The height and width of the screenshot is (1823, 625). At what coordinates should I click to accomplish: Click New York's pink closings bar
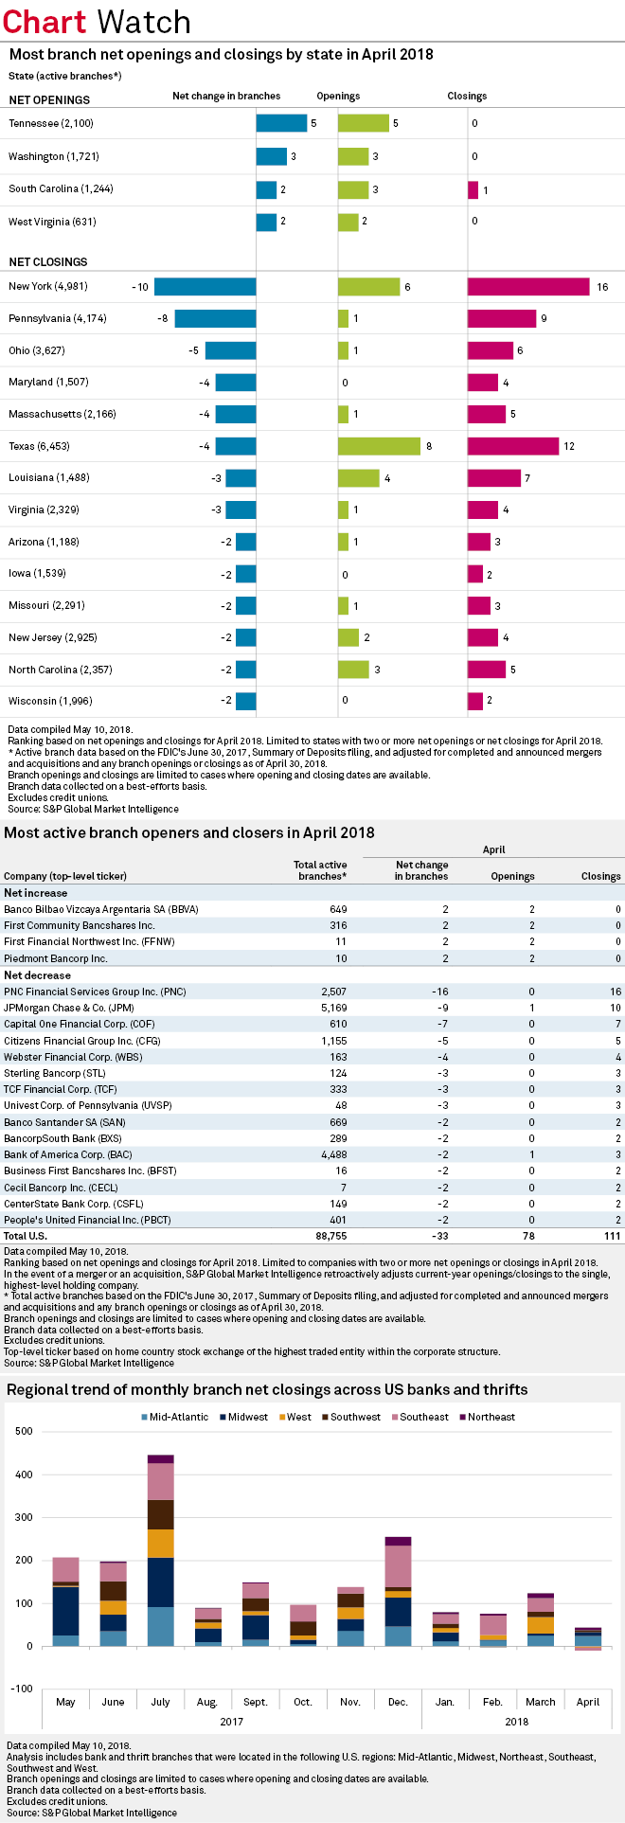coord(528,287)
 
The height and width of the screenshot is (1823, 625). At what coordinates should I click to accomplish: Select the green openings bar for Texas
coord(379,446)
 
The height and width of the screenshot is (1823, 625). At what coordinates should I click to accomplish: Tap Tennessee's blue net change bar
coord(281,123)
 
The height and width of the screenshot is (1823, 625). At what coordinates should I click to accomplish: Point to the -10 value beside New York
coord(140,287)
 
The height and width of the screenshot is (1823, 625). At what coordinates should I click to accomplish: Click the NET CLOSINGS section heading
coord(48,261)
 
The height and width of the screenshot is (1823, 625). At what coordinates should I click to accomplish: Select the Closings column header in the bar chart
coord(467,96)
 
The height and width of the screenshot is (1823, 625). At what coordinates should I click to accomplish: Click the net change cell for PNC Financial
coord(437,992)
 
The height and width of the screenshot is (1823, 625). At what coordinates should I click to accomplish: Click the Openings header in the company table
coord(512,876)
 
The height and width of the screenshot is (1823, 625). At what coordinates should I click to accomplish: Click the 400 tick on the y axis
coord(24,1474)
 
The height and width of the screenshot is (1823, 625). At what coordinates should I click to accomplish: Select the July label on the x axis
coord(160,1702)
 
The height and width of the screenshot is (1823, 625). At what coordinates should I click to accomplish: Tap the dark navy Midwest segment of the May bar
coord(65,1610)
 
